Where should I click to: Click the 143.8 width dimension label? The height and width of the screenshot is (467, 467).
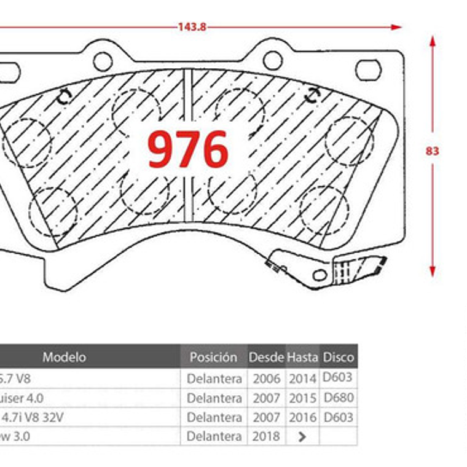pos(192,27)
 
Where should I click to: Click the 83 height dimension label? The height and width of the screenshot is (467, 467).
pos(433,151)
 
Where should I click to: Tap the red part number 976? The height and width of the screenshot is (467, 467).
pos(188,149)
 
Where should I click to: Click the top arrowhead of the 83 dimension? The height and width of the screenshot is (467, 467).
pos(433,41)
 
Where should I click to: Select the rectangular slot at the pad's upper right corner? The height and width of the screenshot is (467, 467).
pos(368,69)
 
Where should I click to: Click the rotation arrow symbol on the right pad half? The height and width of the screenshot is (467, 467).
pos(313,95)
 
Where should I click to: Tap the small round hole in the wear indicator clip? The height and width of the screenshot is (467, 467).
pos(320,275)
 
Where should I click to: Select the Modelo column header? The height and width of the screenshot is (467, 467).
pos(64,357)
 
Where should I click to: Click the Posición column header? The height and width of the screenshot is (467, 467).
pos(213,357)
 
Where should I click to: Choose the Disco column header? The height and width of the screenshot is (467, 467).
pos(338,357)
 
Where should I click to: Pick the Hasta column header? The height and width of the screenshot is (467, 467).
pos(303,357)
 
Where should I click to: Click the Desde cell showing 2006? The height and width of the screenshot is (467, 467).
pos(266,379)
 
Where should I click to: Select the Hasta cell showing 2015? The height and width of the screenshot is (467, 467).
pos(303,398)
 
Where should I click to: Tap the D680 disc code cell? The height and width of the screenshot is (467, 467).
pos(338,398)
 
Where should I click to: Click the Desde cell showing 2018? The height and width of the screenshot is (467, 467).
pos(266,436)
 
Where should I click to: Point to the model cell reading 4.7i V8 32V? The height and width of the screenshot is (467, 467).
pos(33,417)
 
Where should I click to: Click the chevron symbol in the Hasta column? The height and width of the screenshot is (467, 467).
pos(302,437)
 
